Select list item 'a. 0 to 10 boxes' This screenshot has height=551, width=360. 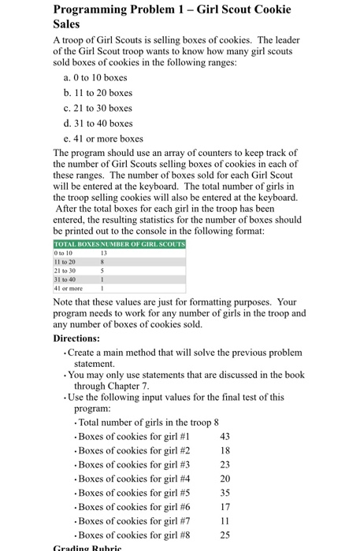94,77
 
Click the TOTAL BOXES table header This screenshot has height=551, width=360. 74,245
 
